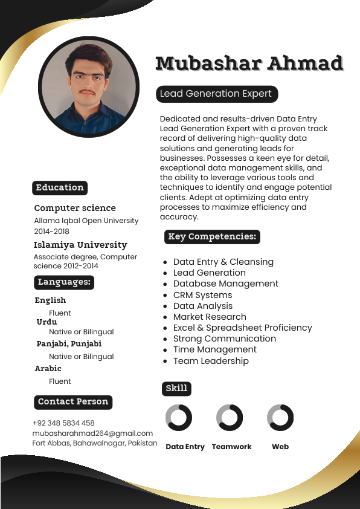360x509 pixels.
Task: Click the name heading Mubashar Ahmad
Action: coord(249,63)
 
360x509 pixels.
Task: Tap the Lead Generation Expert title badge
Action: coord(217,94)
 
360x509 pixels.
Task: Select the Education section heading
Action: coord(60,188)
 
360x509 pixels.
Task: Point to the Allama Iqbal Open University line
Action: coord(86,221)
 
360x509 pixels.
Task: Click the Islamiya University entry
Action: coord(80,245)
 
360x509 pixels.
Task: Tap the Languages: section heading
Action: coord(64,282)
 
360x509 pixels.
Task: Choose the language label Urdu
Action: coord(47,322)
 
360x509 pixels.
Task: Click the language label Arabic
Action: coord(48,369)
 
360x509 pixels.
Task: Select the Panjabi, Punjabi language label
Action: coord(69,344)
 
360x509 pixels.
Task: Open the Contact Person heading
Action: coord(73,402)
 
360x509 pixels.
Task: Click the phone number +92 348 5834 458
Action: coord(63,423)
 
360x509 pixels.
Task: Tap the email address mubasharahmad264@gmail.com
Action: coord(92,433)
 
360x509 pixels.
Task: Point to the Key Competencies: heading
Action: coord(212,237)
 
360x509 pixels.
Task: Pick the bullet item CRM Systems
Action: coord(202,295)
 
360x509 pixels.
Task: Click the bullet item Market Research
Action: coord(210,317)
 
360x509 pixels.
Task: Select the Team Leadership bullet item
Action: coord(211,361)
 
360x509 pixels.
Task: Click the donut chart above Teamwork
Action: coord(230,418)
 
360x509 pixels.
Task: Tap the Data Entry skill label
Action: coord(185,447)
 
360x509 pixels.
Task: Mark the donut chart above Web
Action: coord(280,418)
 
